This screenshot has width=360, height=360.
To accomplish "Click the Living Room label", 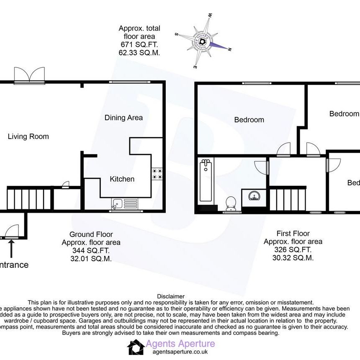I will (x=28, y=136).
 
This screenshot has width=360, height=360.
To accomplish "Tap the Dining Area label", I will (x=123, y=118).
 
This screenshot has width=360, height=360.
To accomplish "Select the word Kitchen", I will (x=122, y=179).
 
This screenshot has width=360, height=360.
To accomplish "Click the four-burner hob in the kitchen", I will (x=157, y=174).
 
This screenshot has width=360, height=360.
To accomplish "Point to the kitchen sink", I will (x=118, y=204).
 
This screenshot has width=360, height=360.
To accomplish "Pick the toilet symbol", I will (x=230, y=204).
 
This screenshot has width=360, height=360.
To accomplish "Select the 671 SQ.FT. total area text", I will (x=139, y=45).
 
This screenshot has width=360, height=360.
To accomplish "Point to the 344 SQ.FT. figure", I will (x=91, y=250).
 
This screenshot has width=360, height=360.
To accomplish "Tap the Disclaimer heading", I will (x=170, y=296).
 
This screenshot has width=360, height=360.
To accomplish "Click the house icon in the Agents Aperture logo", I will (x=135, y=347).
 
